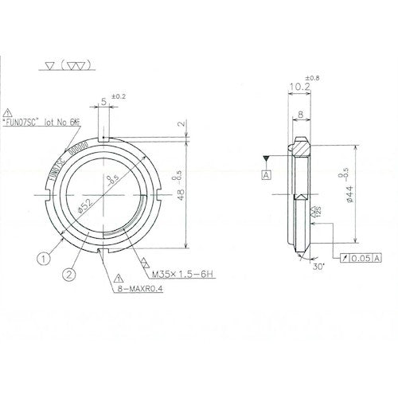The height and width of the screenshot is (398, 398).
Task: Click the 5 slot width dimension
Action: tap(103, 102)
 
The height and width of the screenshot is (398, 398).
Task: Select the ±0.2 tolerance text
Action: tap(117, 97)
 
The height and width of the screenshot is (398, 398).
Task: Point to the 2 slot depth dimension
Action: tap(181, 124)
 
